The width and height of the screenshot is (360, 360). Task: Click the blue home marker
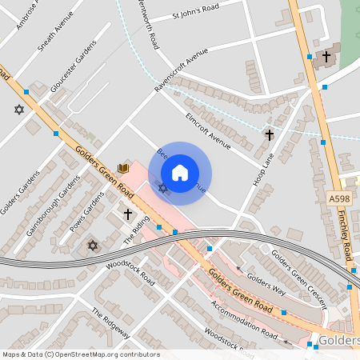tap(180, 172)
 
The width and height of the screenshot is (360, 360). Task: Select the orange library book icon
tap(123, 168)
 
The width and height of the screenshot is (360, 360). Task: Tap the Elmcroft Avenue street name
tap(208, 131)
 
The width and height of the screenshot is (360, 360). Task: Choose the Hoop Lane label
tap(262, 169)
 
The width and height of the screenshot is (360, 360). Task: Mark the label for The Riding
tap(136, 232)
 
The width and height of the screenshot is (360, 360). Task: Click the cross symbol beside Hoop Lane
tap(270, 135)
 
